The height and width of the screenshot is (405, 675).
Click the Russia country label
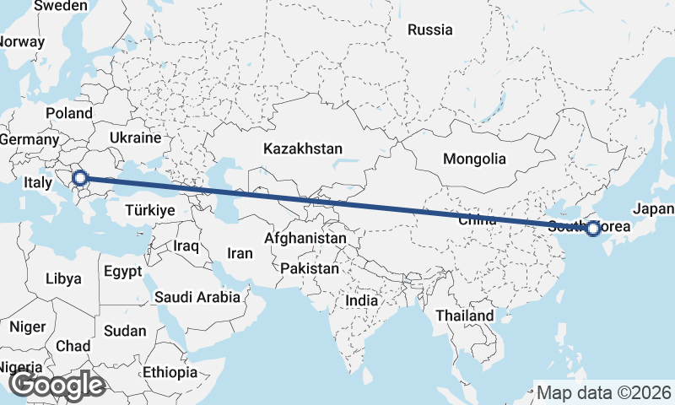coord(429,30)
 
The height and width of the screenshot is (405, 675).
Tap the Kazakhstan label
coord(303,148)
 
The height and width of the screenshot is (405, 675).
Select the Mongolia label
coord(474,159)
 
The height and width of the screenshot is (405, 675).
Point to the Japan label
coord(654,208)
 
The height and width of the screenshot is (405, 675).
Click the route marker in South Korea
coord(593,228)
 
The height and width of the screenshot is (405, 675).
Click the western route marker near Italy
coord(80,178)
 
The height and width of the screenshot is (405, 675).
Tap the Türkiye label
coord(149,210)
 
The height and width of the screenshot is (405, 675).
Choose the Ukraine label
coord(135,138)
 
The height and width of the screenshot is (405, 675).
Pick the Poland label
coord(69,113)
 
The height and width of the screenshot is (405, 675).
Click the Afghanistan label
coord(305,239)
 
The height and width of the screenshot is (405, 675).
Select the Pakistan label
coord(310,269)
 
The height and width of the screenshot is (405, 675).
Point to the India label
coord(362,300)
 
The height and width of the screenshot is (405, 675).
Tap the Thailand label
coord(465,316)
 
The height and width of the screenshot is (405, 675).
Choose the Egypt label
coord(124,272)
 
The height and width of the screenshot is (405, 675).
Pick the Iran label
coord(240,252)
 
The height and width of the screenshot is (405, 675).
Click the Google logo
coord(56,385)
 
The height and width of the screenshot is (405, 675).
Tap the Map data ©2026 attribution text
coord(604,392)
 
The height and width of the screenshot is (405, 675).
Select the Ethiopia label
coord(170,372)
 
